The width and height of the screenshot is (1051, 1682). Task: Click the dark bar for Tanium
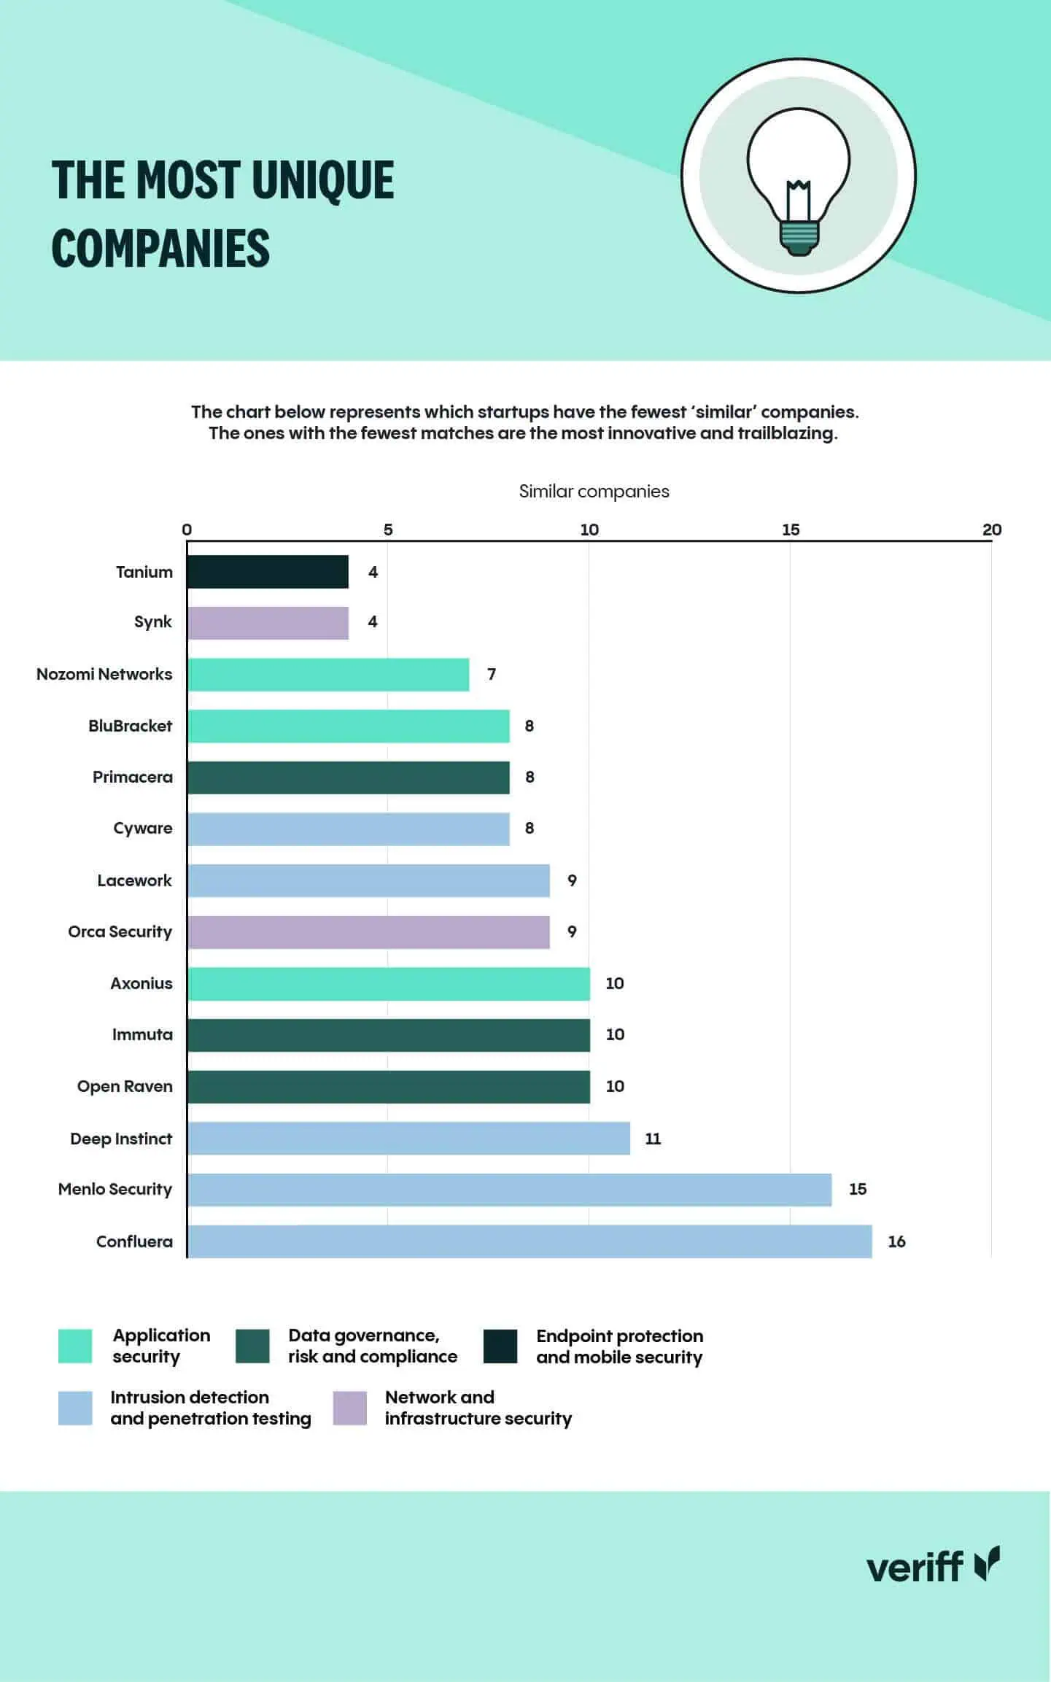[x=268, y=572]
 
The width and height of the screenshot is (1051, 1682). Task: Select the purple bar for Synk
[x=268, y=623]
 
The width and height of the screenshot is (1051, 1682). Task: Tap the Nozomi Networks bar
[x=328, y=675]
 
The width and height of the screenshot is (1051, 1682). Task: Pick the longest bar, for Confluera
[x=530, y=1241]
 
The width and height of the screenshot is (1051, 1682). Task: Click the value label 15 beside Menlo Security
[x=858, y=1189]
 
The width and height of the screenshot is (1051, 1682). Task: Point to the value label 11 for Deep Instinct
[x=653, y=1139]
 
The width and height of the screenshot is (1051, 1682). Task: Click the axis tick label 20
[x=991, y=530]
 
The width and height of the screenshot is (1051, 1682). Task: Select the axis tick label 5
[x=388, y=530]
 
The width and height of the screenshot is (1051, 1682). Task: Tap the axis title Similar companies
[x=594, y=492]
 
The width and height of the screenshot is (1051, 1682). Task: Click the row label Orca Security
[x=120, y=931]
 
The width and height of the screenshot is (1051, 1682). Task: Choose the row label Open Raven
[x=125, y=1086]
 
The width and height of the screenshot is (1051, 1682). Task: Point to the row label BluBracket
[x=130, y=726]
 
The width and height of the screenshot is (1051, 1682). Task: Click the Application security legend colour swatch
[x=75, y=1346]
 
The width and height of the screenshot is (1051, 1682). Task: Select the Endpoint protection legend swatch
[x=500, y=1346]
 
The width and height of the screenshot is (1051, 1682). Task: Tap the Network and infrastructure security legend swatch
[x=350, y=1408]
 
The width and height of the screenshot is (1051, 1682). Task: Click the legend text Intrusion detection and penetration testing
[x=210, y=1408]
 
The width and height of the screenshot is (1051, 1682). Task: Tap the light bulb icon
[x=798, y=176]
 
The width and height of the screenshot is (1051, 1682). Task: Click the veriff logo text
[x=915, y=1567]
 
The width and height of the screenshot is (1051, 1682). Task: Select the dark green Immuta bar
[x=388, y=1035]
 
